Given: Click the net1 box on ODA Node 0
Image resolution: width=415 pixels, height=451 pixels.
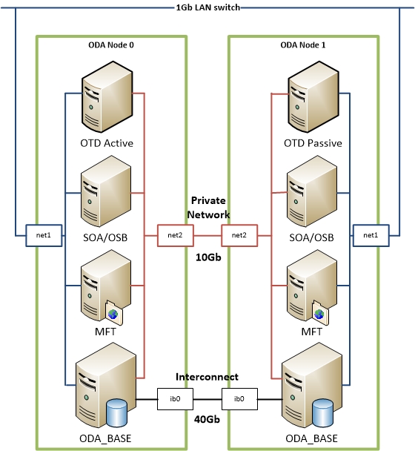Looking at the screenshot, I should point(41,237).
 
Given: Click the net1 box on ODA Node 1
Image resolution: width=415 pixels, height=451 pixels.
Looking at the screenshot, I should point(368,237).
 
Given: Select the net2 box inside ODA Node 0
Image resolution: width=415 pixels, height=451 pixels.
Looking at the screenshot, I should point(175,237).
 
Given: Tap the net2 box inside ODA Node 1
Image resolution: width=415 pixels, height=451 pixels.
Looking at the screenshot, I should point(239,237).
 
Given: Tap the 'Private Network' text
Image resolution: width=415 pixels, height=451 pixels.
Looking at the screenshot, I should point(207,207).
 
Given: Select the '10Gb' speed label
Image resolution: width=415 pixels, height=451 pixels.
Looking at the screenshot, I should point(207,259).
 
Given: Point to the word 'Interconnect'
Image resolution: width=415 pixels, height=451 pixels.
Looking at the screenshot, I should point(207,377).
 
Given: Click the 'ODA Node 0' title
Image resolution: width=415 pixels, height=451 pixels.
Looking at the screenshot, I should point(110,45).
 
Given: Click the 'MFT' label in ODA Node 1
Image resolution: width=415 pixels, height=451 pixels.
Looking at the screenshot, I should point(311,332).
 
